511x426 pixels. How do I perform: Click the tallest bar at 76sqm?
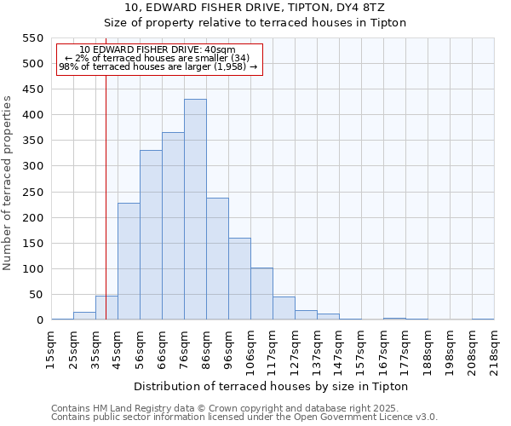click(195, 210)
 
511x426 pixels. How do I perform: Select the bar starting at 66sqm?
click(173, 226)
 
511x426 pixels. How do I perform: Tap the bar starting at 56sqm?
click(151, 235)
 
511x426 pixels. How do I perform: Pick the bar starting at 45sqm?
click(129, 262)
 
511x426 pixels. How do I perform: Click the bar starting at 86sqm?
click(217, 259)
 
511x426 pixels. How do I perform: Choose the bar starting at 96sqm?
click(239, 279)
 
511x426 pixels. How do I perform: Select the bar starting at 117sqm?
click(284, 308)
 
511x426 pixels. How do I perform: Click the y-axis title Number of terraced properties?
click(8, 183)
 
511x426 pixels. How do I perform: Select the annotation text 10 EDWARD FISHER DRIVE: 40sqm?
click(158, 50)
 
